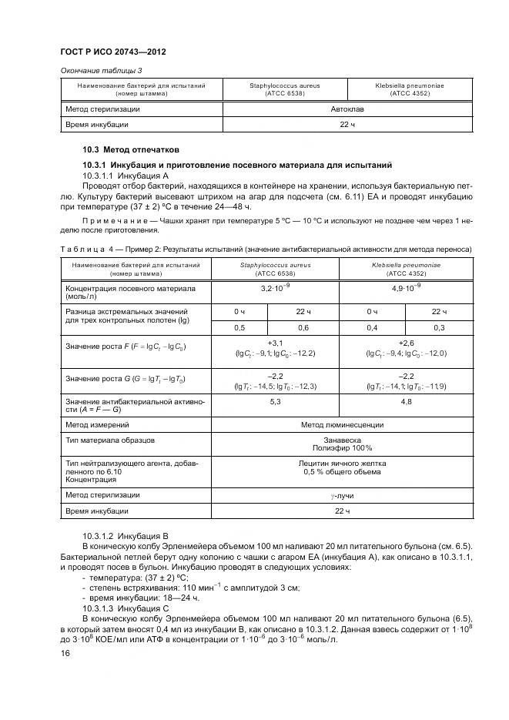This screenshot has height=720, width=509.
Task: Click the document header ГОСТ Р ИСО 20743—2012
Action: pos(113,52)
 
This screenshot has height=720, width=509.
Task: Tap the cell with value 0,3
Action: pos(440,327)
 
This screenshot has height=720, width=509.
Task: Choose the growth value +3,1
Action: pos(275,342)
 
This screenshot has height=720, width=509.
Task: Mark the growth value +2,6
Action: pos(407,342)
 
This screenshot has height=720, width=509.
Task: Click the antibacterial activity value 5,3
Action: pos(275,401)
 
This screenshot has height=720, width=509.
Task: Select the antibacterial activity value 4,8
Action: pos(407,401)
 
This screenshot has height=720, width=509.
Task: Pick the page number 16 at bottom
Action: pos(65,654)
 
